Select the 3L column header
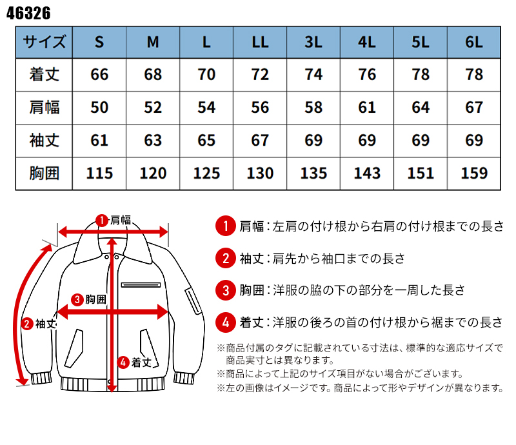[313, 42]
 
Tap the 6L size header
[473, 42]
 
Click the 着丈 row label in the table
[44, 74]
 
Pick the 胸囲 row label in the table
[44, 173]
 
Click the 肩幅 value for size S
[99, 107]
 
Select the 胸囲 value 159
[473, 173]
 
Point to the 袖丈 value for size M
[153, 140]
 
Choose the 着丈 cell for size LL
[260, 74]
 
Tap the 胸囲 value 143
[366, 173]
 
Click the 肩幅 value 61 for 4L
[366, 107]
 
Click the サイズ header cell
[44, 42]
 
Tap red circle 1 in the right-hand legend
[225, 226]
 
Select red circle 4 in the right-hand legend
[225, 321]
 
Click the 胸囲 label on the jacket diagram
[95, 299]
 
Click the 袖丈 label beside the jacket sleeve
[46, 323]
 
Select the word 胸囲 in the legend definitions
[252, 290]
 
